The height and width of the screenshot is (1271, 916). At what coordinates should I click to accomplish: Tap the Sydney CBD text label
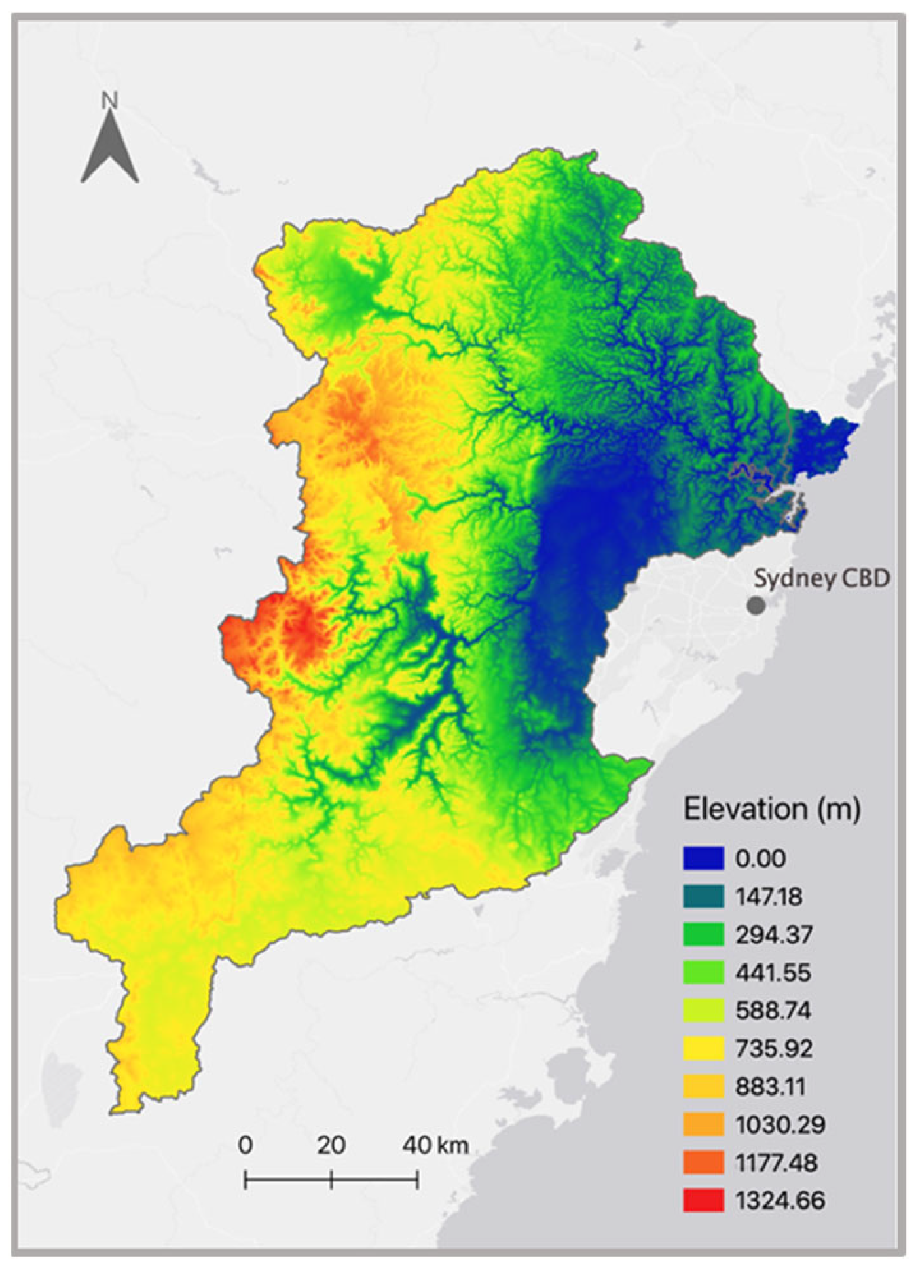pos(822,578)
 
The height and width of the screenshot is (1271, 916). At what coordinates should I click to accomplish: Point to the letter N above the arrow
pos(109,101)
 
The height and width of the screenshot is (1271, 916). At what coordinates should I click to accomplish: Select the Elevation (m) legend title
pos(771,809)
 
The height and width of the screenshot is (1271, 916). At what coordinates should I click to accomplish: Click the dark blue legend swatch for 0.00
pos(703,858)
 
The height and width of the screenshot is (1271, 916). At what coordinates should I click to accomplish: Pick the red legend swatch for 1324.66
pos(703,1200)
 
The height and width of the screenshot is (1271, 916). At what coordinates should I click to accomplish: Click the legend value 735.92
pos(773,1048)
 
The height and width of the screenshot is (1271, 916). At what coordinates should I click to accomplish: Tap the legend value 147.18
pos(768,896)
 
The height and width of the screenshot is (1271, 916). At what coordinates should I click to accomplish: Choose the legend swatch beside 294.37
pos(703,934)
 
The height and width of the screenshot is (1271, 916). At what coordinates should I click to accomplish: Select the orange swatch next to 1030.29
pos(703,1124)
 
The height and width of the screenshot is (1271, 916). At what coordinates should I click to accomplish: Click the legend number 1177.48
pos(780,1162)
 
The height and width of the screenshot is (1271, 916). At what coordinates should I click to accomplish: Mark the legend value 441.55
pos(773,972)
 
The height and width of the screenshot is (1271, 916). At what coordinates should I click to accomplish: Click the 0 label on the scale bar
pos(245,1145)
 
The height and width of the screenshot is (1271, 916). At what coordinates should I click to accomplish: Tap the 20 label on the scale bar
pos(331,1145)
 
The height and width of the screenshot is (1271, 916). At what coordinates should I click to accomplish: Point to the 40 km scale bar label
pos(435,1145)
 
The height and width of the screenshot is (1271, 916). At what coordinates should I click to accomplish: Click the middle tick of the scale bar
pos(331,1180)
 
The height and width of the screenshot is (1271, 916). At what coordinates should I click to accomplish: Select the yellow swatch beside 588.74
pos(703,1010)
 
